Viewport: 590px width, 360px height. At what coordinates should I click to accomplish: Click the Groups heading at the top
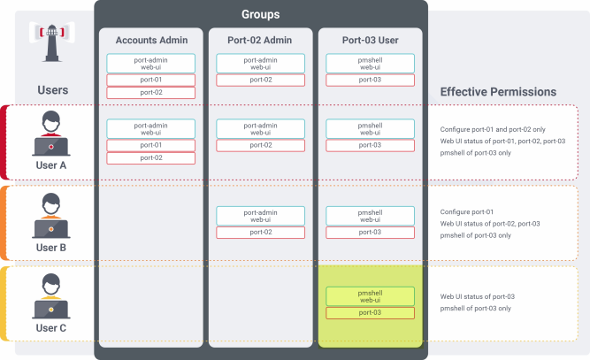point(260,14)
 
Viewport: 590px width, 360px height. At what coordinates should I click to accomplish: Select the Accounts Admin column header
point(151,41)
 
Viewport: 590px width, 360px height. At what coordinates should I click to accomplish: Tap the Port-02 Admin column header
point(260,41)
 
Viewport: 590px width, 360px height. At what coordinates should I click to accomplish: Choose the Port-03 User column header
point(370,41)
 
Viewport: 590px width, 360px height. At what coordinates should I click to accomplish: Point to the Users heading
point(52,90)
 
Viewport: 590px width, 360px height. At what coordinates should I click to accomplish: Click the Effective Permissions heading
point(498,91)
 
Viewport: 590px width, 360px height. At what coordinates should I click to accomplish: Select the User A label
point(50,165)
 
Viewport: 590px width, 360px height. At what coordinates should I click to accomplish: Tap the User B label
point(50,247)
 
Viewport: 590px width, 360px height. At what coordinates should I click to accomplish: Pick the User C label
point(50,328)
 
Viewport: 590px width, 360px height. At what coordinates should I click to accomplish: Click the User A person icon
point(50,134)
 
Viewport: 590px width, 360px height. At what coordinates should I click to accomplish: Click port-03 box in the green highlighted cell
point(370,313)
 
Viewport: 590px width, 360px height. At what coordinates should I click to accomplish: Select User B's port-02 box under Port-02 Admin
point(260,232)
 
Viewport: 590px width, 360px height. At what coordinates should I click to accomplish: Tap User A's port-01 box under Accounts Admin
point(151,145)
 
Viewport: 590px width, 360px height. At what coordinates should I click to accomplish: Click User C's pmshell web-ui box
point(370,296)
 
